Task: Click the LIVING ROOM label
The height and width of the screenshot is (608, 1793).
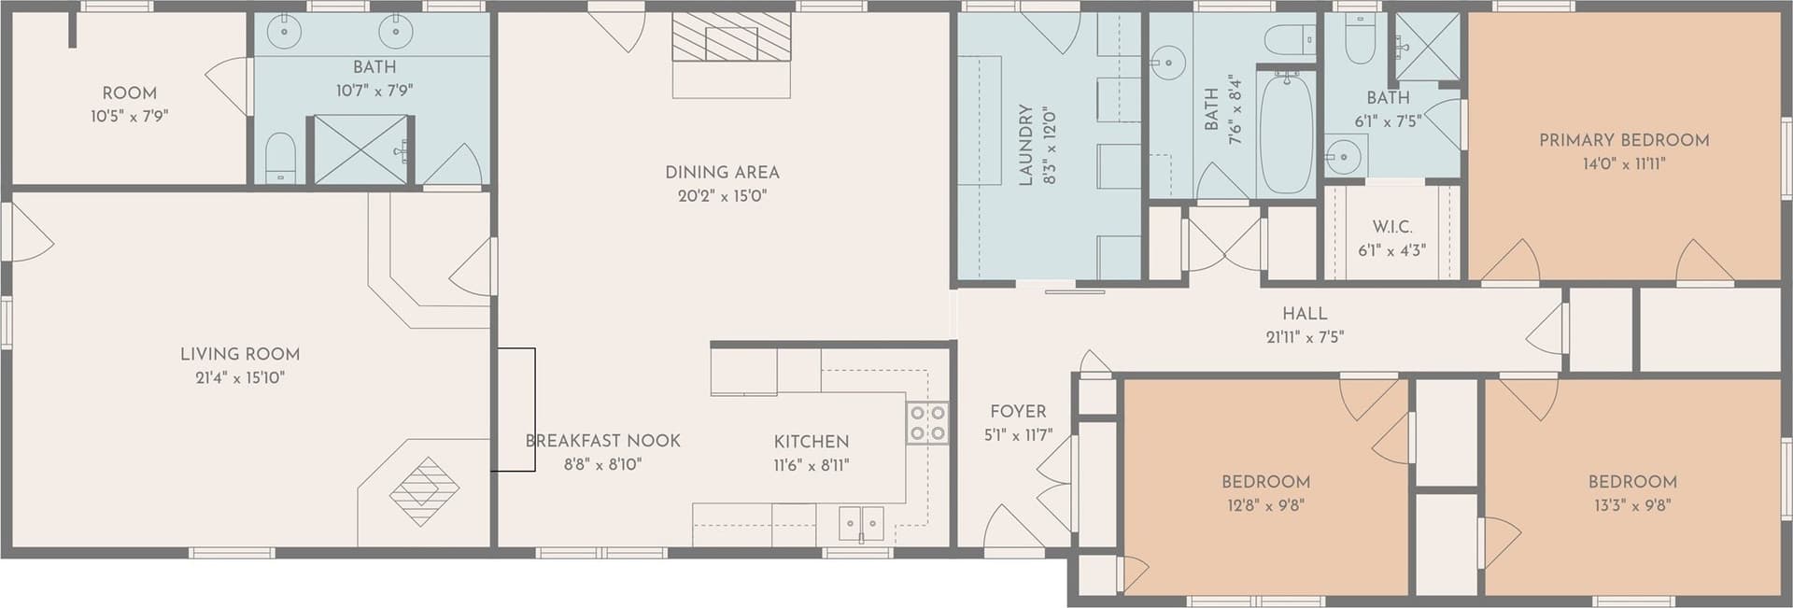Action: click(240, 354)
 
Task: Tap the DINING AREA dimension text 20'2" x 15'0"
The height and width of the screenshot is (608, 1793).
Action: click(722, 196)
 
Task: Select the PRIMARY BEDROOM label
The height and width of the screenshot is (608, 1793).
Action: click(1624, 140)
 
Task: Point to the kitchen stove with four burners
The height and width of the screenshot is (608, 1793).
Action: click(927, 422)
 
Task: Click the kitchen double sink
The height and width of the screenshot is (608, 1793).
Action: click(861, 523)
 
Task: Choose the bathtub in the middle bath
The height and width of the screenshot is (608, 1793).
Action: click(1287, 135)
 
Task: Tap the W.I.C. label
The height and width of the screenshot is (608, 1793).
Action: click(1391, 227)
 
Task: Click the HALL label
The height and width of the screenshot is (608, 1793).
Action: click(1305, 314)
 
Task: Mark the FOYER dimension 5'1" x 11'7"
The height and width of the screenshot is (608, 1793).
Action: click(1018, 435)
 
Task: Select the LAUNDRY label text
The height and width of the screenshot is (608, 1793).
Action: click(1025, 145)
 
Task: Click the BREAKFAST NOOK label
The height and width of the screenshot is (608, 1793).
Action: click(602, 441)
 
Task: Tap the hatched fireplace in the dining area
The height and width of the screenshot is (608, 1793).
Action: click(731, 40)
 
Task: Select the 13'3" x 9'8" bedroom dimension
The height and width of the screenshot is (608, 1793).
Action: click(1632, 506)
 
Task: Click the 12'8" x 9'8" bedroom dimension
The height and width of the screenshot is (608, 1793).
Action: click(1265, 506)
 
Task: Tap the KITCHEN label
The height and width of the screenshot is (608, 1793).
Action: click(812, 442)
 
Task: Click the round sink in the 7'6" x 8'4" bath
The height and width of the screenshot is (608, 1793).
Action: click(1166, 64)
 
